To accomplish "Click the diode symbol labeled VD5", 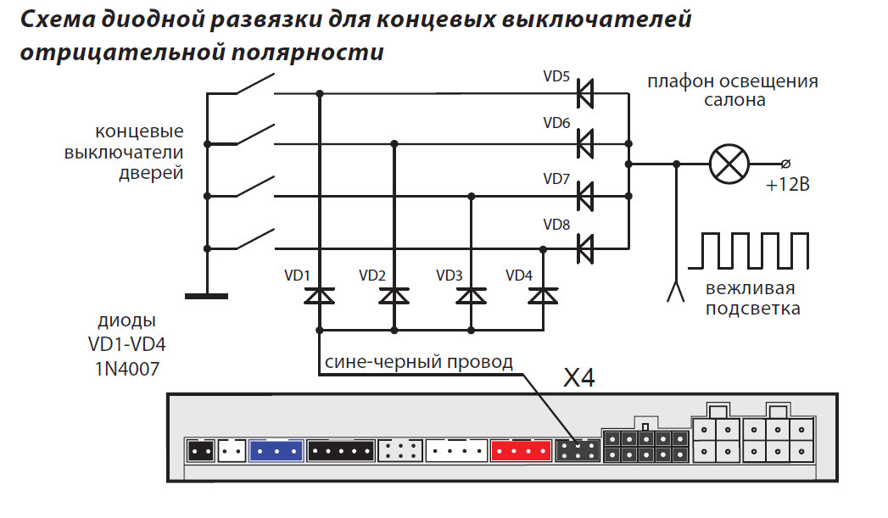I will pyautogui.click(x=584, y=93).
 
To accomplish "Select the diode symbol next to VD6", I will pyautogui.click(x=584, y=143).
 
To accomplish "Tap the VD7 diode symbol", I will pyautogui.click(x=584, y=197).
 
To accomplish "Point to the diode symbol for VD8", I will pyautogui.click(x=584, y=248).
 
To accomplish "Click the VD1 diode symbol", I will pyautogui.click(x=319, y=296).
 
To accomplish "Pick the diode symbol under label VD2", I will pyautogui.click(x=394, y=296).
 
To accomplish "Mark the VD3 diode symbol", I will pyautogui.click(x=470, y=296).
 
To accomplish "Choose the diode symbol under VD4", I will pyautogui.click(x=542, y=296).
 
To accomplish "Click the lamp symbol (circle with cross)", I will pyautogui.click(x=729, y=163).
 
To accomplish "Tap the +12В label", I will pyautogui.click(x=786, y=185).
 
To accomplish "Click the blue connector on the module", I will pyautogui.click(x=276, y=450).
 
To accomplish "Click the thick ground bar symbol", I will pyautogui.click(x=206, y=295).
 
